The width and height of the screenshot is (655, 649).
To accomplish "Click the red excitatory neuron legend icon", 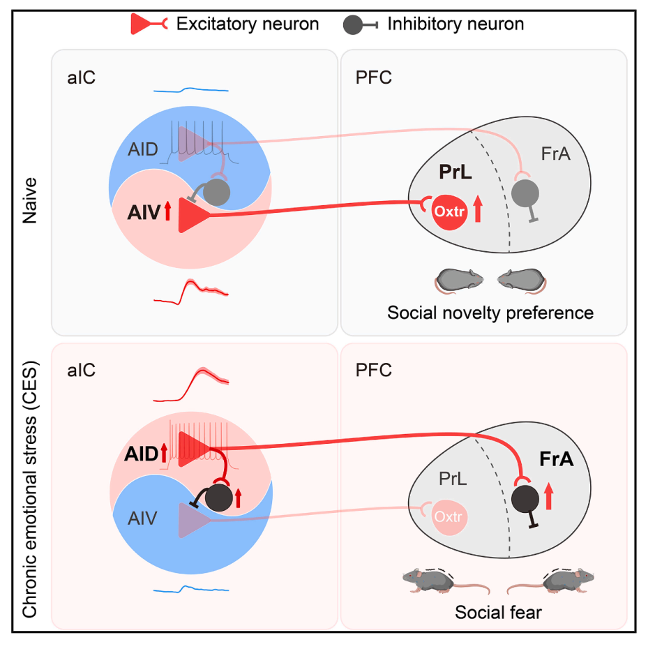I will pos(149,24).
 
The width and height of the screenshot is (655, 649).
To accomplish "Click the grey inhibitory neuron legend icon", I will pos(359,24).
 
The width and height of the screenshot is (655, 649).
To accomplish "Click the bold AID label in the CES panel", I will pos(138,454).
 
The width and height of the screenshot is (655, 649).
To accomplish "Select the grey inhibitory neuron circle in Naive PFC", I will pos(526,190).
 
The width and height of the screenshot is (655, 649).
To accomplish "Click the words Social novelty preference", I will pos(490,312).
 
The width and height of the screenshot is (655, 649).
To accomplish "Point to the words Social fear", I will pos(498,613).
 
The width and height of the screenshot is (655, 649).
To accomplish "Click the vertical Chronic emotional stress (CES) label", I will pos(30,489).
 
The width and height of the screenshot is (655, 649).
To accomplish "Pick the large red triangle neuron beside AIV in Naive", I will pos(193,215).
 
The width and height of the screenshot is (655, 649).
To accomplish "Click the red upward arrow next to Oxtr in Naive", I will pos(478,209).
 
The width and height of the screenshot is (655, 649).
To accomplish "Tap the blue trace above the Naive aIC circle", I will pos(191,89).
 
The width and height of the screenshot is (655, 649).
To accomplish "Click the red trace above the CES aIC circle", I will pos(192,387).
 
